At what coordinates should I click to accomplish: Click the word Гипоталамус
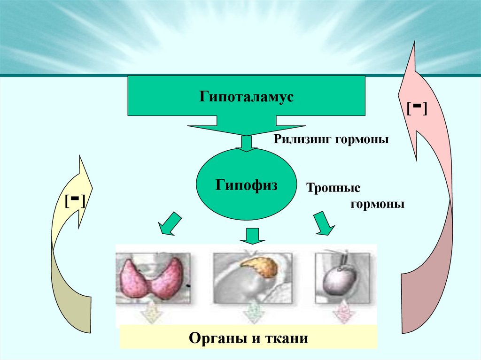[246, 98]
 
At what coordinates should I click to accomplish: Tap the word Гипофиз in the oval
[247, 184]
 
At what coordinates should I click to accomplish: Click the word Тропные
[334, 188]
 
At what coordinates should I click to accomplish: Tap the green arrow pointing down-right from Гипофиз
[324, 222]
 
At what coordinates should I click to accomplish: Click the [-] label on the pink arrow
[417, 109]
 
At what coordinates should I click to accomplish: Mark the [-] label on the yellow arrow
[75, 202]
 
